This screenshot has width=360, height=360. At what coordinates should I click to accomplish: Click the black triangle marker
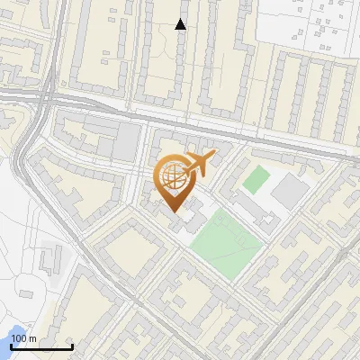(181, 24)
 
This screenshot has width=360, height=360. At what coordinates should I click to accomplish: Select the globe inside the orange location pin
(172, 177)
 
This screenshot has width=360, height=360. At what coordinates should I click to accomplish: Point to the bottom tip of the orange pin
(173, 210)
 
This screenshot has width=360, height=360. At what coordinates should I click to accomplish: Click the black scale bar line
(41, 347)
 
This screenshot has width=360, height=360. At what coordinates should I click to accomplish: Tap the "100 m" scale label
(24, 338)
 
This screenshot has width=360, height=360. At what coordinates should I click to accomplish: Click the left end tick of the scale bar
(11, 346)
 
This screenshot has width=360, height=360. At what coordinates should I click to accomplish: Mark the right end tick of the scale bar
(72, 346)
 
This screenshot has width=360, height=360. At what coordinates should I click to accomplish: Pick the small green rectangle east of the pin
(256, 178)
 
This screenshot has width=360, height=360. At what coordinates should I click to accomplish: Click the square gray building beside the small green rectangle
(289, 190)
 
